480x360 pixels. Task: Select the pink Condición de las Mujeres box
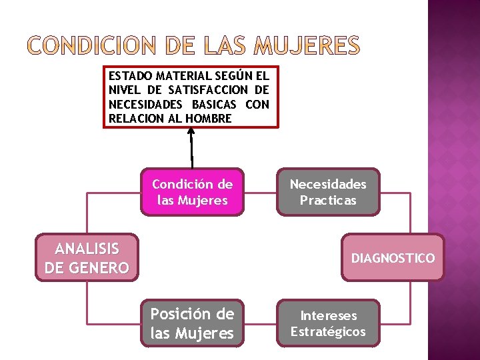click(192, 192)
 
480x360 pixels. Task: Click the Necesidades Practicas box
click(328, 192)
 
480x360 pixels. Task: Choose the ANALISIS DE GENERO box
click(87, 258)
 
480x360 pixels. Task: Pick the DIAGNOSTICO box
click(393, 257)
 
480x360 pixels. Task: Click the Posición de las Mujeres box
click(192, 323)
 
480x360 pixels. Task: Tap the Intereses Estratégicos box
click(328, 323)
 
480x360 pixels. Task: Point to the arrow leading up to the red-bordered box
click(191, 147)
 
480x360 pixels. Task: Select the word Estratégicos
click(328, 331)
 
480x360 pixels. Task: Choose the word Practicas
click(328, 200)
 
